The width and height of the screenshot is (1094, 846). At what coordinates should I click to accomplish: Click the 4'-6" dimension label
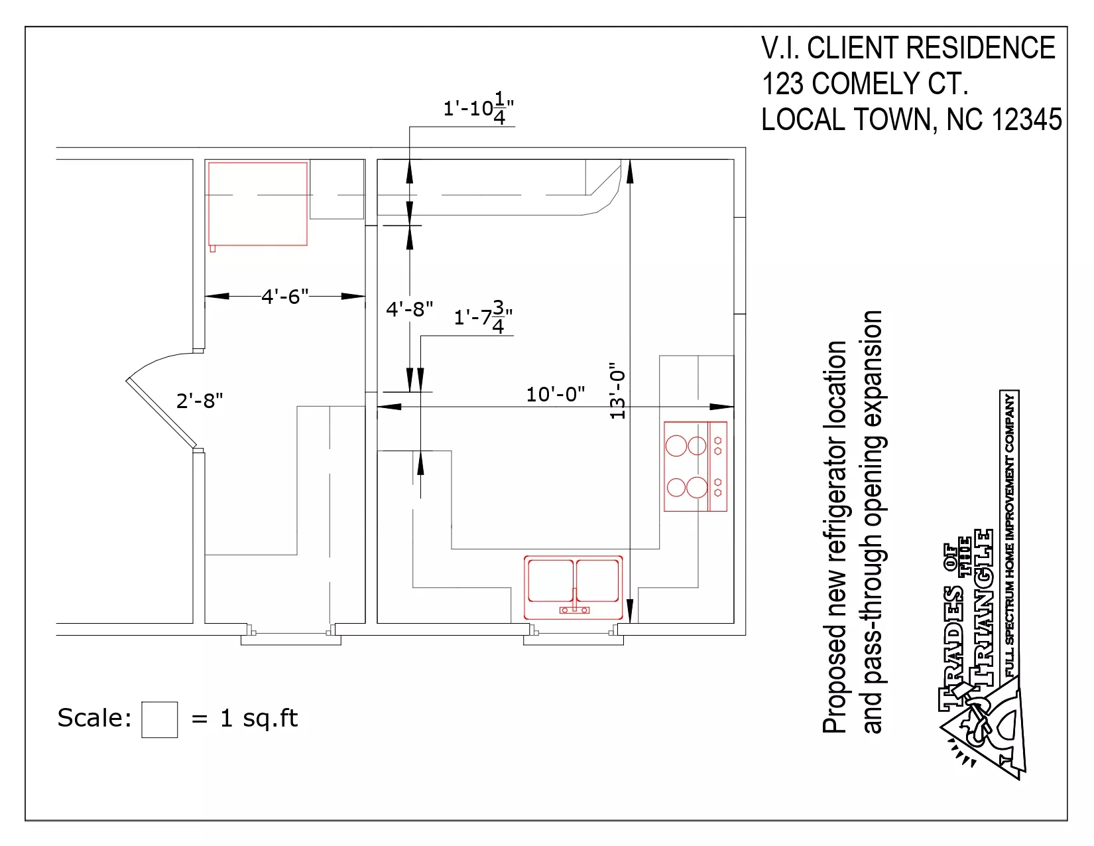[284, 297]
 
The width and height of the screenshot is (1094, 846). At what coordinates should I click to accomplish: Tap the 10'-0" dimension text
[556, 394]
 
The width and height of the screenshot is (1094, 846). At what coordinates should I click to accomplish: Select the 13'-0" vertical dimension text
[617, 391]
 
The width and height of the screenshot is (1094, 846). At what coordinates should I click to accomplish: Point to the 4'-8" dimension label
[409, 309]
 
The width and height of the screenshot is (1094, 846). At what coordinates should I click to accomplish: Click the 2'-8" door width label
[200, 401]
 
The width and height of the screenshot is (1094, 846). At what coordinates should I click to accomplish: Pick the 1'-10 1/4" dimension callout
[478, 108]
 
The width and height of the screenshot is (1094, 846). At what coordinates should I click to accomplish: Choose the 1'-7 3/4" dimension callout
[483, 317]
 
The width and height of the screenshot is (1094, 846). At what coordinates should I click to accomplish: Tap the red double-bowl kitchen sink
[573, 587]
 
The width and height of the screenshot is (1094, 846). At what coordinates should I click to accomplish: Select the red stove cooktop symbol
[696, 466]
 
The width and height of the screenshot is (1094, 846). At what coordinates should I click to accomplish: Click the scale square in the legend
[160, 719]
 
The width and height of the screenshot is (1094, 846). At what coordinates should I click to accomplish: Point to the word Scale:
[94, 717]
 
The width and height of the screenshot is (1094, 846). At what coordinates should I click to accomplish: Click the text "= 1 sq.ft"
[245, 719]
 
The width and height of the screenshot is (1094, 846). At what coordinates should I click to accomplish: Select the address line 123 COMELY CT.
[865, 84]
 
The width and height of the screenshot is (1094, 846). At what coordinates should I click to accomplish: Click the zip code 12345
[1026, 119]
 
